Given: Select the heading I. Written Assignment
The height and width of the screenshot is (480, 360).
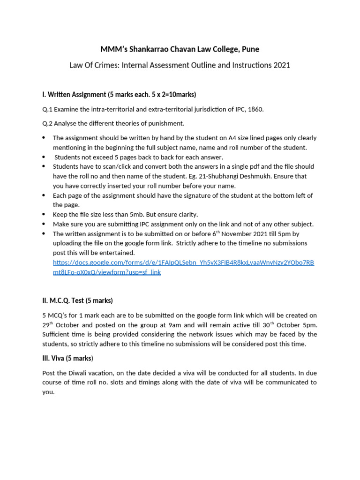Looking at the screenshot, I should (x=74, y=94).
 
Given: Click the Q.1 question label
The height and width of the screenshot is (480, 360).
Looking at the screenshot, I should (x=47, y=109).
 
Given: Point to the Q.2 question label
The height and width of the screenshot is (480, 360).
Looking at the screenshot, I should (x=47, y=123).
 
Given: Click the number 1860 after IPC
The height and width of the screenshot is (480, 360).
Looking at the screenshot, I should (x=255, y=109).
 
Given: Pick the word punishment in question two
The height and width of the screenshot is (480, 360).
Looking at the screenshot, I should (x=166, y=123).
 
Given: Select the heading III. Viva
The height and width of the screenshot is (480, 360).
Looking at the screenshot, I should (x=67, y=359).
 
